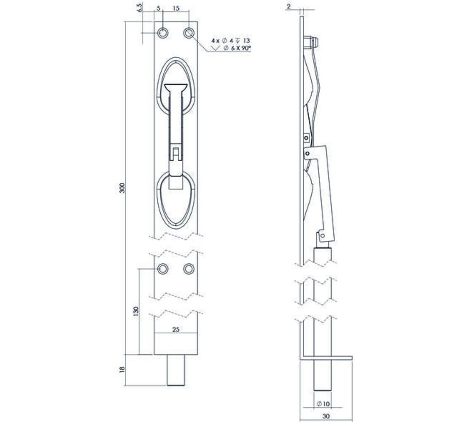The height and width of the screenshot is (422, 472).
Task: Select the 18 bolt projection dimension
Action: (x=122, y=370)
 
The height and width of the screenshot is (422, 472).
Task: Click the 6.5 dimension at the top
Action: (x=140, y=8)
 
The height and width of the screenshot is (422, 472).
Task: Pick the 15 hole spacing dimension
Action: (x=176, y=8)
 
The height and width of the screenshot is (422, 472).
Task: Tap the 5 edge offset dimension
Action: (x=158, y=8)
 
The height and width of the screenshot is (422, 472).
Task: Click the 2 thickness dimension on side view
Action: (x=289, y=6)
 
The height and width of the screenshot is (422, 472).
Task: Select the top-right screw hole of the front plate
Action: (x=189, y=33)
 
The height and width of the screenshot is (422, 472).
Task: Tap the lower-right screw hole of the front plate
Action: (x=189, y=268)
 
